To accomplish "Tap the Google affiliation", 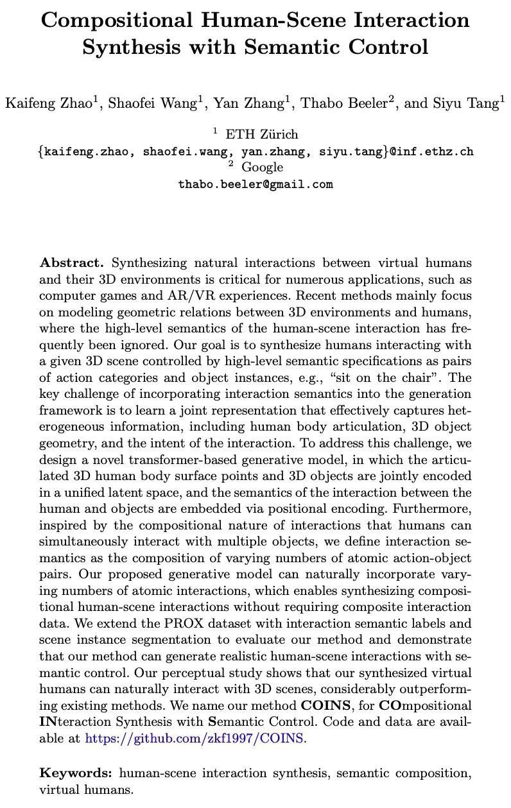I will pos(262,168).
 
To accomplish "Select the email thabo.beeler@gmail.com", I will pos(255,184).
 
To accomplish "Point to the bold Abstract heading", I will pos(72,263).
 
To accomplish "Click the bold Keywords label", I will pos(77,773).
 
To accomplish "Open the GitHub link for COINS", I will pos(195,739).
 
